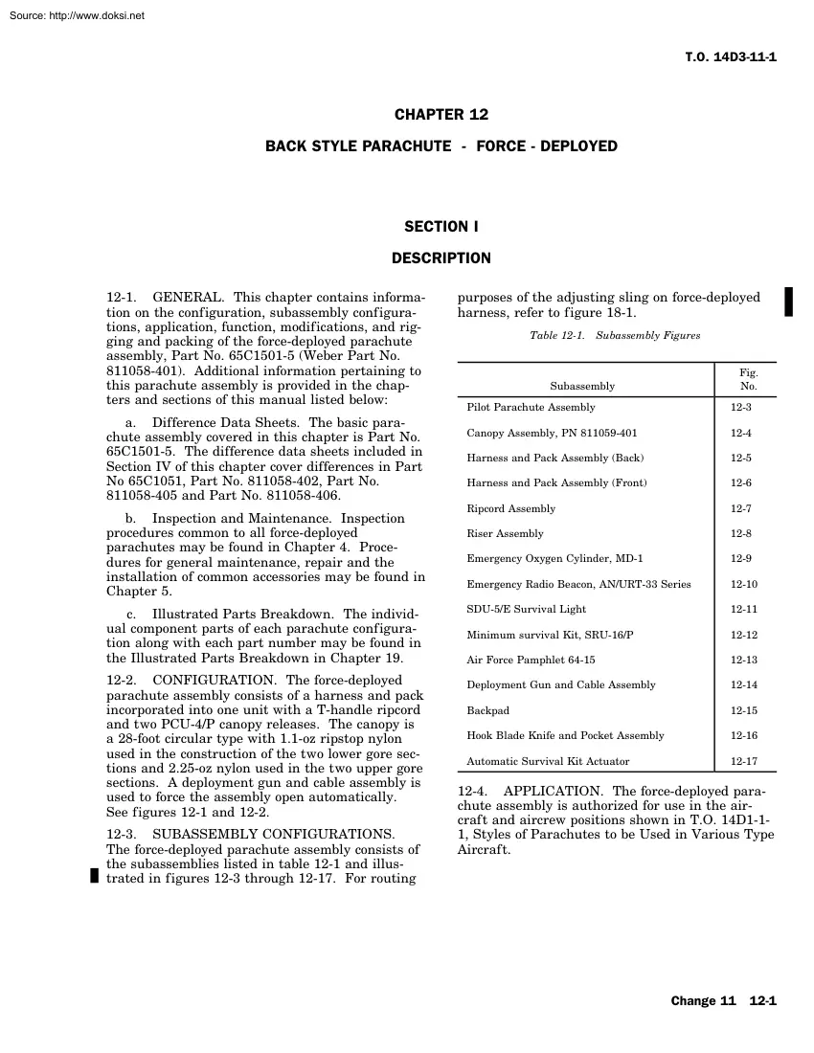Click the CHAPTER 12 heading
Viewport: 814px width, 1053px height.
pos(441,115)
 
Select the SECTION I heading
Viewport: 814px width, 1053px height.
pos(441,227)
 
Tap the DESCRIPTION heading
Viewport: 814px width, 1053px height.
pos(441,258)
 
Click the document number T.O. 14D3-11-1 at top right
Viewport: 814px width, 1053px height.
pos(732,56)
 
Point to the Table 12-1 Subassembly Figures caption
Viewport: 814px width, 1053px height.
pos(615,336)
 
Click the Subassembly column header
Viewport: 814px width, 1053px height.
pos(582,387)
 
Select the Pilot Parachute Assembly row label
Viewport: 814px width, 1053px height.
pos(531,408)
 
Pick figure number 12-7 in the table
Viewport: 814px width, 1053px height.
pos(741,509)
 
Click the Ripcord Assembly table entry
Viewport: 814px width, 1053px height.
pos(510,509)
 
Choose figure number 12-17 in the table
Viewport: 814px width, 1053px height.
pos(744,762)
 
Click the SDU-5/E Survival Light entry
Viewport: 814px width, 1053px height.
pos(526,610)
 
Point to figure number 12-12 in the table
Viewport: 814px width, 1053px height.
pos(744,636)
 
